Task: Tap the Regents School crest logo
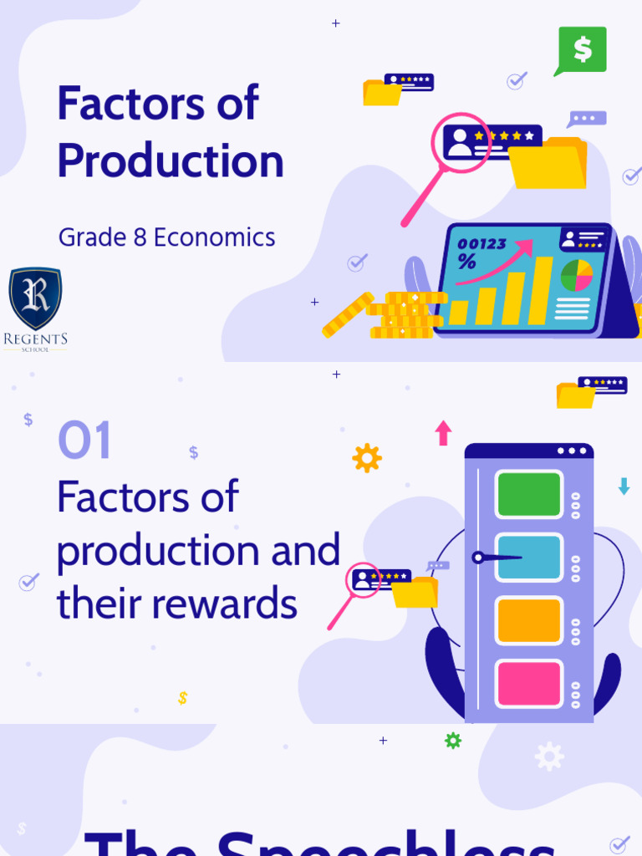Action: (35, 299)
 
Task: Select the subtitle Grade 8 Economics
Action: (166, 237)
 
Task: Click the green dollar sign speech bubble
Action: (582, 49)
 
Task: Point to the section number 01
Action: (84, 441)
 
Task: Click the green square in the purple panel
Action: (528, 494)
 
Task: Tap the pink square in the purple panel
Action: (528, 683)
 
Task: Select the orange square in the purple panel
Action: (528, 620)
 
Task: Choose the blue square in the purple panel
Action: (528, 558)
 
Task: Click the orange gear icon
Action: (367, 458)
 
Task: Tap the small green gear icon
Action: (453, 741)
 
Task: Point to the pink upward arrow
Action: (443, 433)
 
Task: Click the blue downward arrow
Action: (624, 487)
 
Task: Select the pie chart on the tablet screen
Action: (576, 276)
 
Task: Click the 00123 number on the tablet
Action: (481, 244)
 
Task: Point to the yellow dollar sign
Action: (183, 698)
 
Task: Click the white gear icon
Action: (549, 757)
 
